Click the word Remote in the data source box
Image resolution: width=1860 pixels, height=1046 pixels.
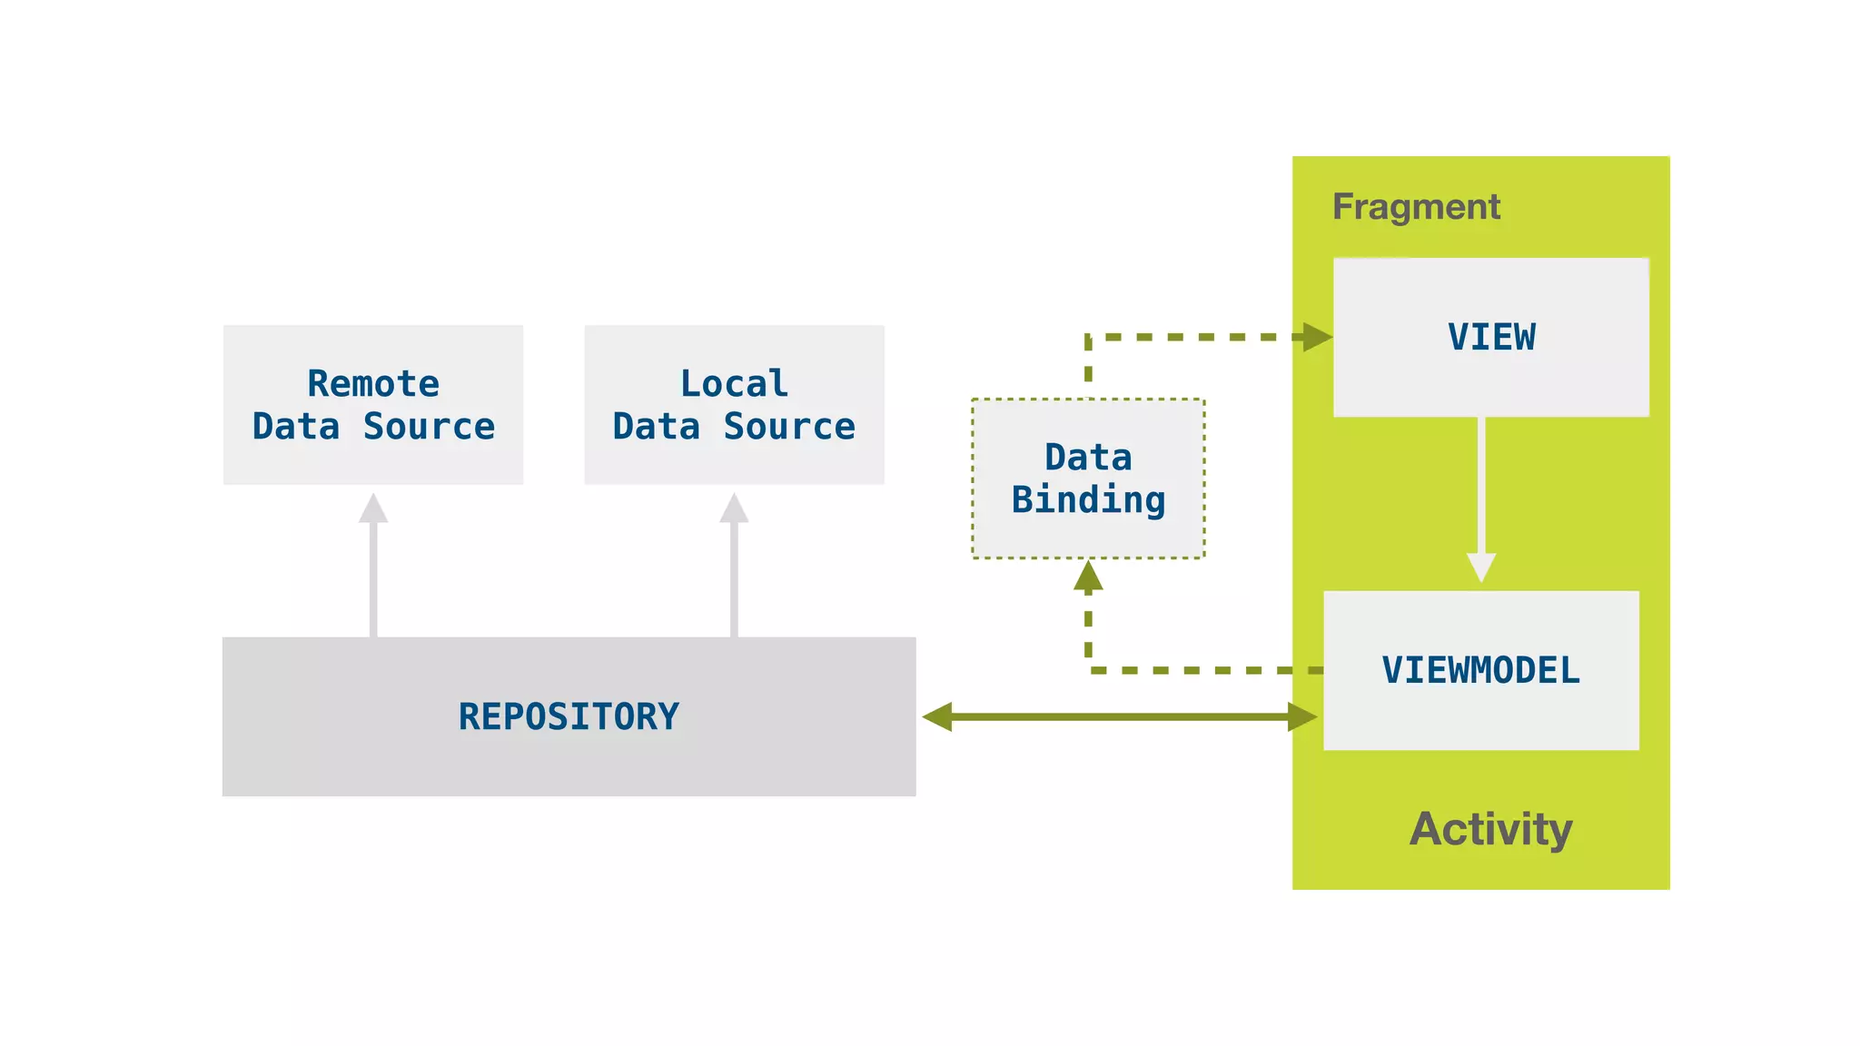coord(373,383)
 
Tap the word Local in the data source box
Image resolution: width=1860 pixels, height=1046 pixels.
coord(734,383)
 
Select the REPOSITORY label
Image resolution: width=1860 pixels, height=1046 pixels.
coord(569,716)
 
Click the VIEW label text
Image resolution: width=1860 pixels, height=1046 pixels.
coord(1491,337)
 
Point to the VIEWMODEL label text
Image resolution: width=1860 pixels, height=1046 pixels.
coord(1480,670)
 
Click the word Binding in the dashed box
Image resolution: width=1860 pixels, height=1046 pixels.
coord(1088,500)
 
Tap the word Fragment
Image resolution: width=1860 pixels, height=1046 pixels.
coord(1416,207)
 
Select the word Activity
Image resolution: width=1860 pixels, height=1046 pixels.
coord(1490,829)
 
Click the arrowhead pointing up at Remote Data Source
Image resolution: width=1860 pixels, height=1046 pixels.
coord(373,509)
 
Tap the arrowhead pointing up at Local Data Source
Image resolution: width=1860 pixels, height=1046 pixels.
coord(734,509)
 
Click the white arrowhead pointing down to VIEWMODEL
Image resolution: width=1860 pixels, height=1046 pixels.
coord(1481,567)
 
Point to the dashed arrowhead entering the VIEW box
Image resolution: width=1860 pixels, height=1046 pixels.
coord(1316,337)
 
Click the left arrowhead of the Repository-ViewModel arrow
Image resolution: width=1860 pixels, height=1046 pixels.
coord(938,716)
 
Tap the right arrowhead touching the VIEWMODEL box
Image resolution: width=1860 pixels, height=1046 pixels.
coord(1302,716)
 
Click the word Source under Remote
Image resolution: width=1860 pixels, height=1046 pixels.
coord(429,426)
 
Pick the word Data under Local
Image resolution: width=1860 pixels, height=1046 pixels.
coord(657,426)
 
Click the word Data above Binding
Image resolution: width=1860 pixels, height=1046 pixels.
coord(1088,457)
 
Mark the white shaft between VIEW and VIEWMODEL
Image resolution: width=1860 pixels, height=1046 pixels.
coord(1481,486)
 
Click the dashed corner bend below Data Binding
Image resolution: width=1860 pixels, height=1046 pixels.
coord(1089,670)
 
